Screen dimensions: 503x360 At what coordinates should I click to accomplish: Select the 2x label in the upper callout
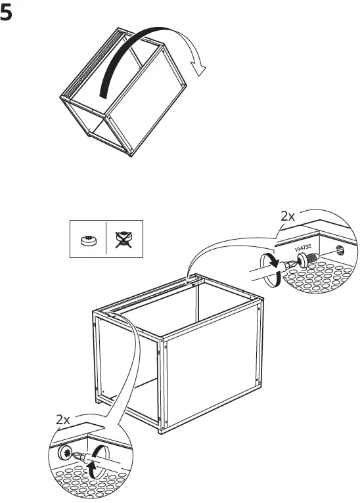[288, 216]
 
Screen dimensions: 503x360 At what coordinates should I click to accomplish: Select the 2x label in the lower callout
[64, 418]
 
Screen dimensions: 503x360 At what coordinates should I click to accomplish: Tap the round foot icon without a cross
[88, 241]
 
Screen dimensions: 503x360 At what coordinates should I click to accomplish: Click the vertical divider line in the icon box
[106, 240]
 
